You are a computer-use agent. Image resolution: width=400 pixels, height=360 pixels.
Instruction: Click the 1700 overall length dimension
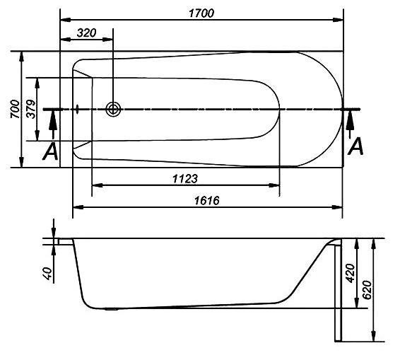click(201, 13)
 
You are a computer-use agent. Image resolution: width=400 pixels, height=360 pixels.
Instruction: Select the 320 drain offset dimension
click(87, 33)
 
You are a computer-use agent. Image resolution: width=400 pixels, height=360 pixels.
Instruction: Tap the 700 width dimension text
click(15, 109)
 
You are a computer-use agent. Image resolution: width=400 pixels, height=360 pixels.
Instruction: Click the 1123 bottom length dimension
click(185, 178)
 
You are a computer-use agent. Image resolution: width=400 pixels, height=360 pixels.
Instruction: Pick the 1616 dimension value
click(207, 201)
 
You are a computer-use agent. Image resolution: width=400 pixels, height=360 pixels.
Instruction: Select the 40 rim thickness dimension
click(48, 274)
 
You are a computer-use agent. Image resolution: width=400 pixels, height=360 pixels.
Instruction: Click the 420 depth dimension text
click(351, 273)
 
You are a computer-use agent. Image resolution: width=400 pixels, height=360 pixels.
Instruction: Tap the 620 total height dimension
click(367, 290)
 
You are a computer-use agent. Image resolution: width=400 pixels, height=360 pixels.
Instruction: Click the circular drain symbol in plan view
click(113, 110)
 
